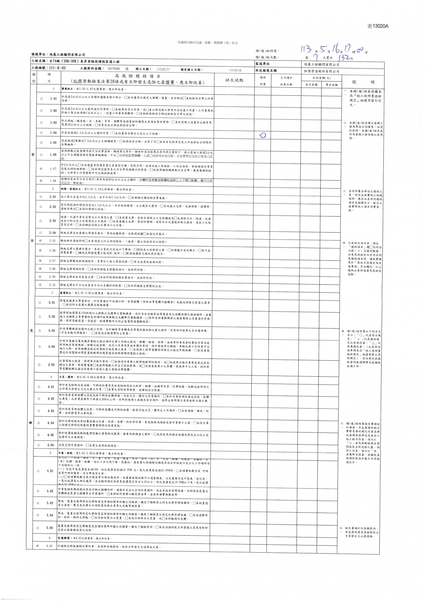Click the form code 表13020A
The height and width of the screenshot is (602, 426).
pos(377,26)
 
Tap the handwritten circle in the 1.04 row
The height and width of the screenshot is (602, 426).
pos(262,135)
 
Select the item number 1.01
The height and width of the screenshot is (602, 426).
pos(53,99)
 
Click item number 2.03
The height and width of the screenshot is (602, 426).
pos(53,221)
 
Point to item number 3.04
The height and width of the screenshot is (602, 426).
pos(52,347)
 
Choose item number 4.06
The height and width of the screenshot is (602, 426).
pos(51,445)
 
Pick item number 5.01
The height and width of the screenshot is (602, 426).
pos(50,471)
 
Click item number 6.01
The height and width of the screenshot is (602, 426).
pos(49,546)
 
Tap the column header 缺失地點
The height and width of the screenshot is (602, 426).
pos(234,80)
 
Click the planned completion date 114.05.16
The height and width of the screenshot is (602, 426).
pos(235,70)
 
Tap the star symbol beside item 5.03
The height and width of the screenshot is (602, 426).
pos(38,503)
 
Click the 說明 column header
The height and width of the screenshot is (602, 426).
pos(363,82)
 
